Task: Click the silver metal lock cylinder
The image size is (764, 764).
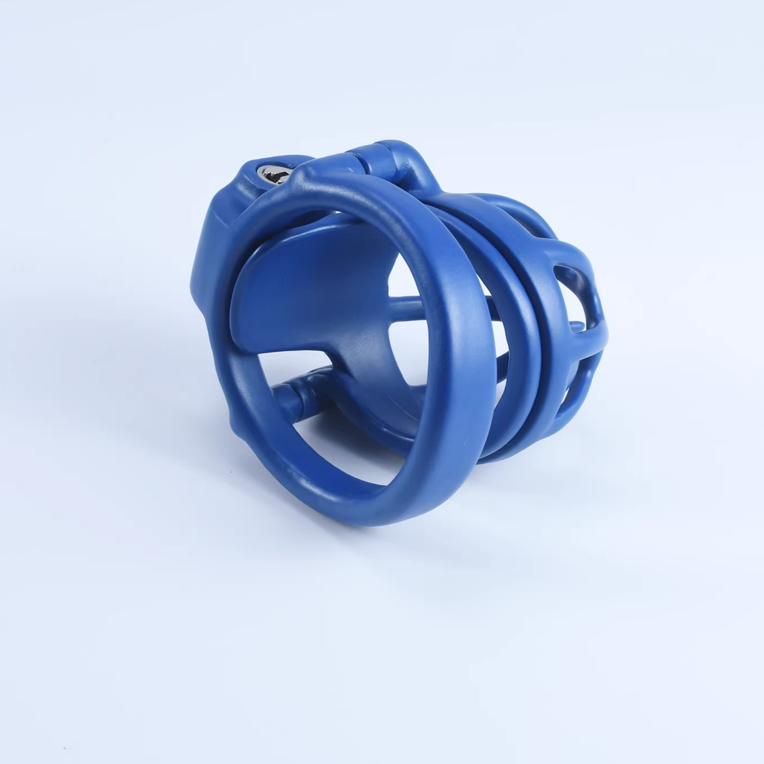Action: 267,172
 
